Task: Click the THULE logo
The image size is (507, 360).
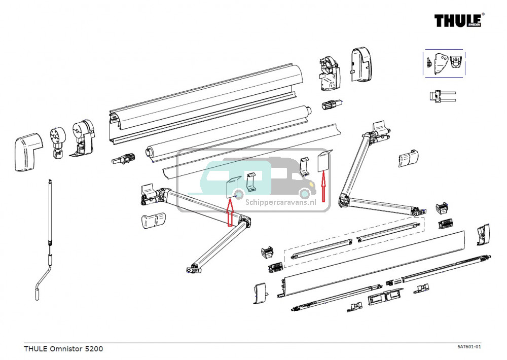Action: pos(458,20)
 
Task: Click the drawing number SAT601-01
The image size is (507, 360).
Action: pos(468,347)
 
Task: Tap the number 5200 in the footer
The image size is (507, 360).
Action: pos(94,349)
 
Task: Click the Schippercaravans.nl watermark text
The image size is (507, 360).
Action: pos(280,201)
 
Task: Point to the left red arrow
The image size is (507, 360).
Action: pos(229,211)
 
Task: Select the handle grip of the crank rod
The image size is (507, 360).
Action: pos(38,294)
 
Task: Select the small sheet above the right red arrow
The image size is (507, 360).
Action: pos(323,161)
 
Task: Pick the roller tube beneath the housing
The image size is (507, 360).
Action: pos(228,132)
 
